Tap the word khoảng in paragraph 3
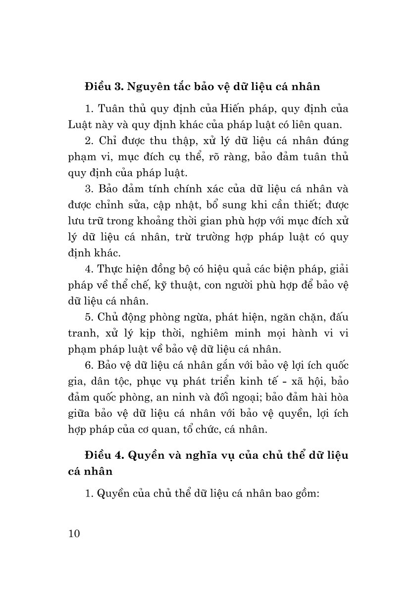click(165, 221)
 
